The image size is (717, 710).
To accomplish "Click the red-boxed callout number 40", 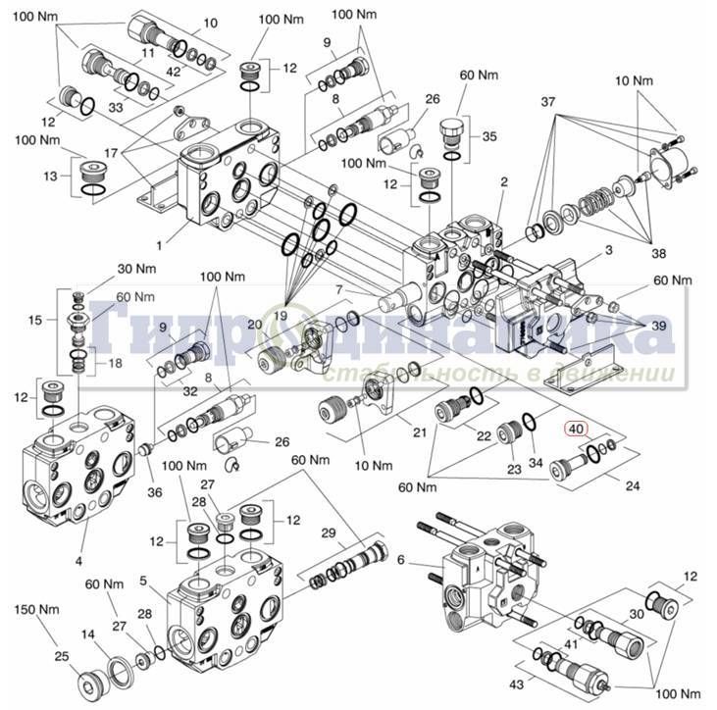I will (576, 428).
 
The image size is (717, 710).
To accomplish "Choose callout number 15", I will (35, 320).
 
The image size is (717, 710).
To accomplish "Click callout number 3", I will (608, 251).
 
